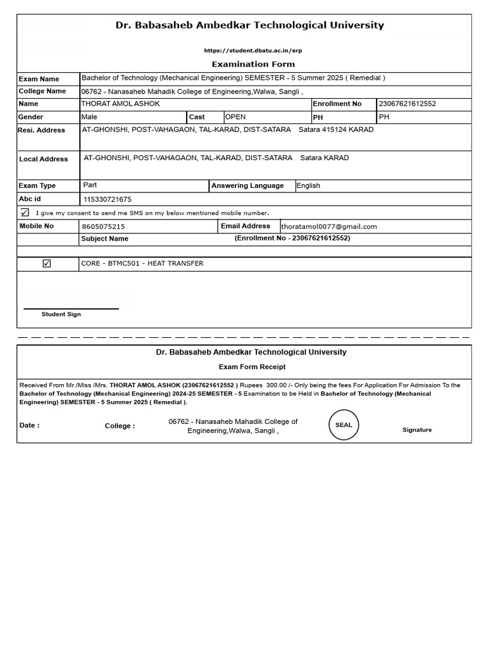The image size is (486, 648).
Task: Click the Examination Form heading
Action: pyautogui.click(x=252, y=64)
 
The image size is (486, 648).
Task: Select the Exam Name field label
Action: pyautogui.click(x=39, y=79)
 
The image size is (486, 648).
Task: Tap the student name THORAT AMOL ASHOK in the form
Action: pyautogui.click(x=120, y=104)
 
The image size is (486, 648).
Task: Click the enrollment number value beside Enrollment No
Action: pyautogui.click(x=407, y=104)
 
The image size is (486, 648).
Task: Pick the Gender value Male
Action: pyautogui.click(x=89, y=117)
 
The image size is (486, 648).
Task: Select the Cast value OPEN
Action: pyautogui.click(x=235, y=117)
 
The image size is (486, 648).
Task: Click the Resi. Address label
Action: pyautogui.click(x=42, y=130)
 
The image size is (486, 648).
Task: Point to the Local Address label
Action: pyautogui.click(x=43, y=159)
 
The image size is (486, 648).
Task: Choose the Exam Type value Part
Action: pyautogui.click(x=90, y=185)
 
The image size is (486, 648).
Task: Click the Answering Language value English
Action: pyautogui.click(x=308, y=186)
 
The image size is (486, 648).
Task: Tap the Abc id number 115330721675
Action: pyautogui.click(x=108, y=199)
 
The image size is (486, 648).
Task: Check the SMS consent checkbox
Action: pyautogui.click(x=25, y=213)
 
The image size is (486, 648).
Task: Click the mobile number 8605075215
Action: pyautogui.click(x=103, y=227)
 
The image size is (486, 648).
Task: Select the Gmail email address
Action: pyautogui.click(x=329, y=227)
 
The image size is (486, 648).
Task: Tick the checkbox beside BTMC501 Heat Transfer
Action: pyautogui.click(x=47, y=264)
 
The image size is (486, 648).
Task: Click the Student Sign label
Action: pyautogui.click(x=61, y=315)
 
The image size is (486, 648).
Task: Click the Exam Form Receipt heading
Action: pyautogui.click(x=252, y=367)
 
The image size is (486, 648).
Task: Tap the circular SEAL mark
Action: pyautogui.click(x=344, y=425)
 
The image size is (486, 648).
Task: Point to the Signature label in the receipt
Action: pyautogui.click(x=417, y=430)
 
